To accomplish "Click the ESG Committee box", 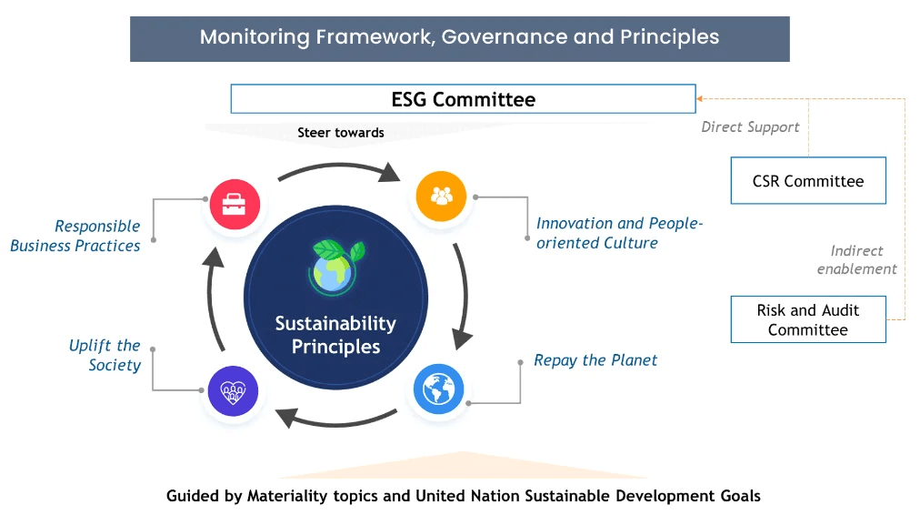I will (463, 99).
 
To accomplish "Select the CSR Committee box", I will (807, 181).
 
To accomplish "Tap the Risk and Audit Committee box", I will (807, 319).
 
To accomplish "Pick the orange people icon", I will (441, 196).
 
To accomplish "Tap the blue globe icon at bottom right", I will (438, 389).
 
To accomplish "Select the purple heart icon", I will (234, 392).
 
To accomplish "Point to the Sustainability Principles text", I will (335, 335).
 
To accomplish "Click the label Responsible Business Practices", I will (76, 236).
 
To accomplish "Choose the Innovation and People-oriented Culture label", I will (619, 233).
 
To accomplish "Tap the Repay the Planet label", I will (595, 360).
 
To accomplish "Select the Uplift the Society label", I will (105, 355).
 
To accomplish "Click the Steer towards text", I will (340, 133).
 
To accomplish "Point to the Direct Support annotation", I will (750, 127).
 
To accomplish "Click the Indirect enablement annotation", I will (856, 259).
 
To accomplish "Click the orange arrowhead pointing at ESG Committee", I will (700, 98).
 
